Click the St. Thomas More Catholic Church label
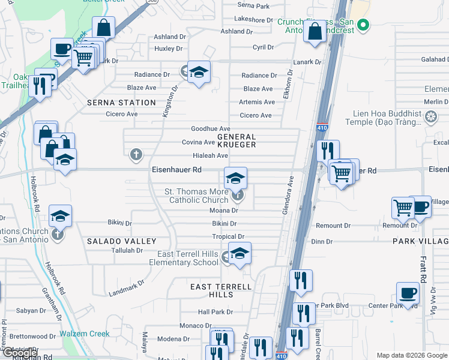click(196, 196)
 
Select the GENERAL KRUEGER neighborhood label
click(237, 141)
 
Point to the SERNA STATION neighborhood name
click(121, 103)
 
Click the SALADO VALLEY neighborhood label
click(122, 241)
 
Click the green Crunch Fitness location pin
click(362, 25)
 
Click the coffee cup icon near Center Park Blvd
click(408, 293)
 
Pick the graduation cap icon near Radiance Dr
click(199, 73)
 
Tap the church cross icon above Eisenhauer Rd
click(136, 155)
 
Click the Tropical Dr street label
click(228, 237)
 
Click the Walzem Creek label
click(84, 334)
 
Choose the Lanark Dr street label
click(307, 62)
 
